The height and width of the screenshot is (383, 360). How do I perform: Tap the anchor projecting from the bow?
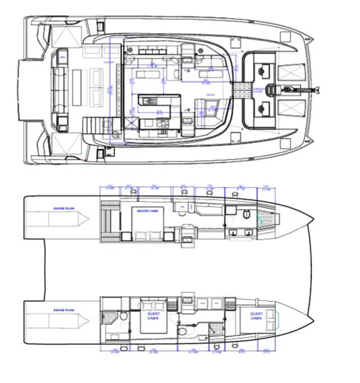[310, 89]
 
